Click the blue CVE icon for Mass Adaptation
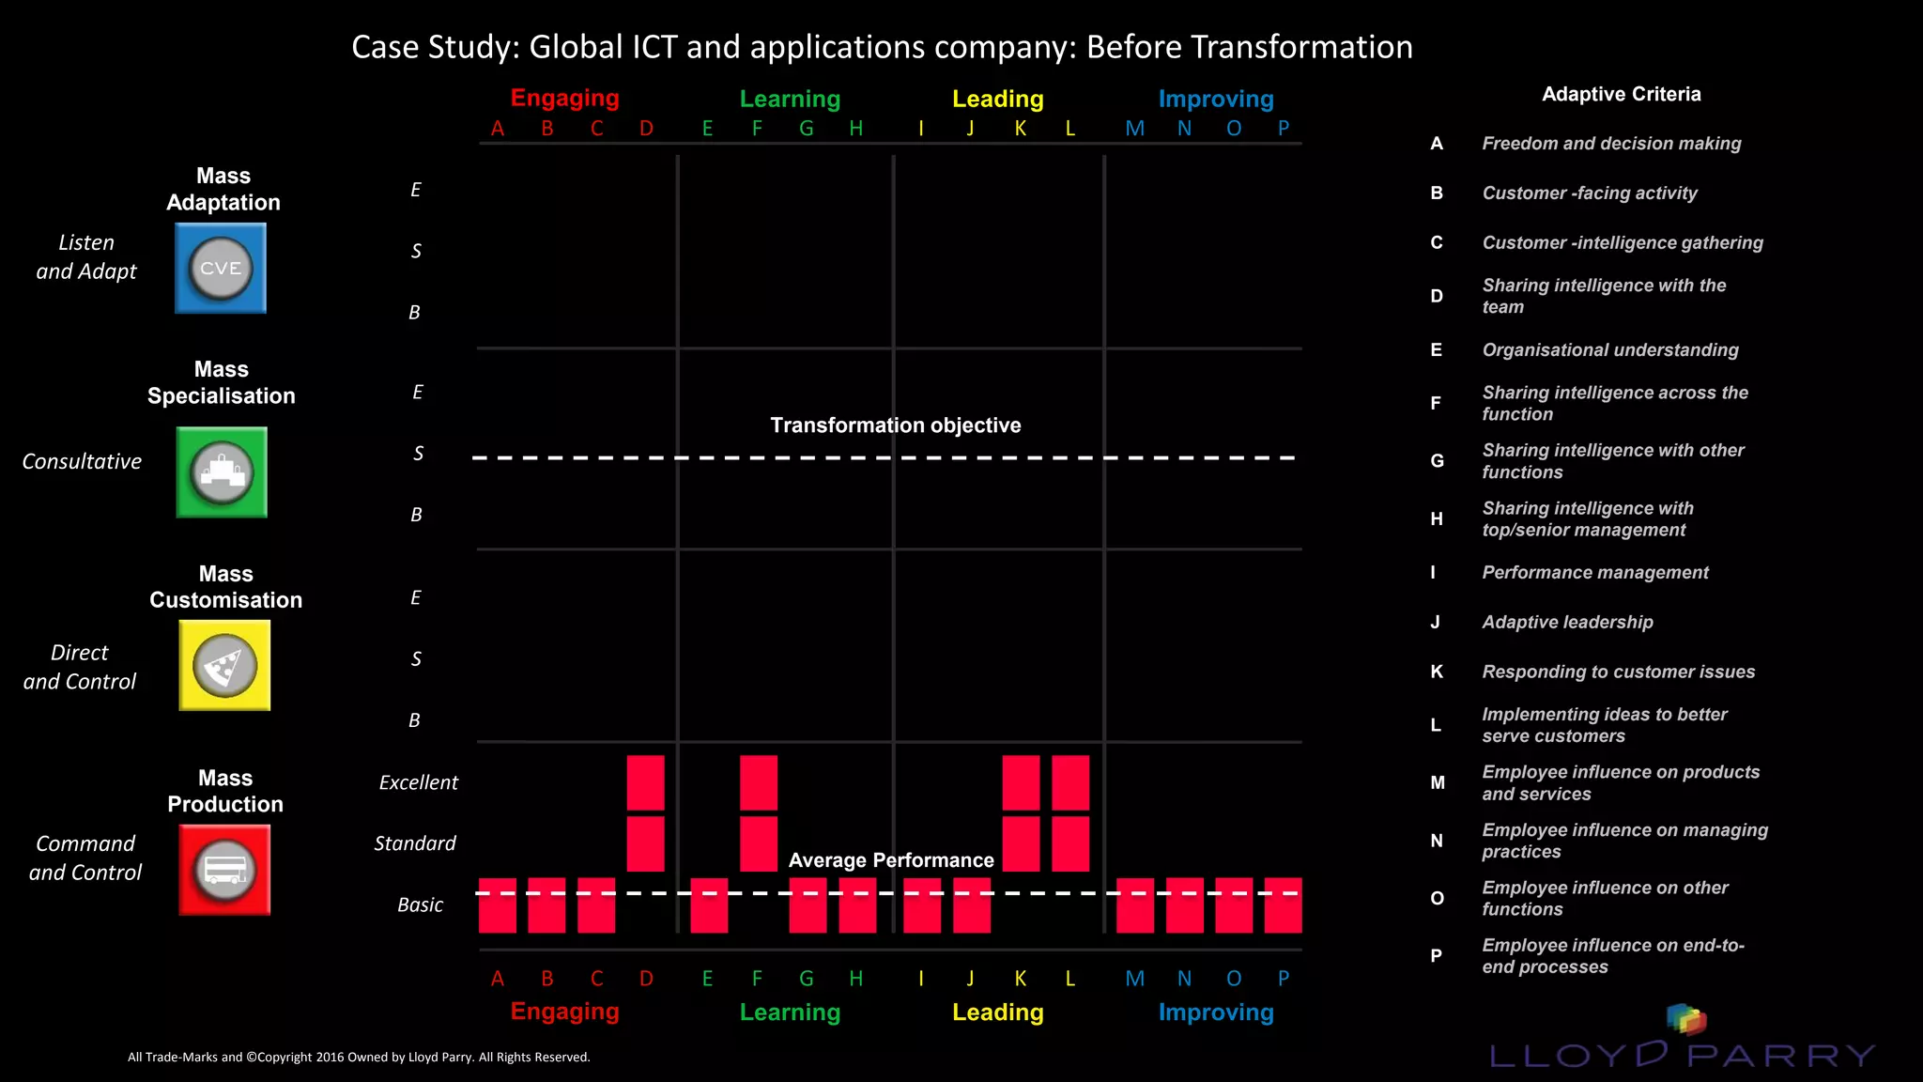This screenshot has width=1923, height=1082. coord(221,269)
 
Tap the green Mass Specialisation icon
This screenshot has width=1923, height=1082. coord(222,472)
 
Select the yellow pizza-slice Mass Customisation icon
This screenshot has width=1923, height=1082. coord(224,665)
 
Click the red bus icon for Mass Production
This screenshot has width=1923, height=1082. coord(224,870)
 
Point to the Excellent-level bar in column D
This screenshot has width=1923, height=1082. coord(645,782)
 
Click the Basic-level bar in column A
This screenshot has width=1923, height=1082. coord(498,905)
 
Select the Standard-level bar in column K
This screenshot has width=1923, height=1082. coord(1021,843)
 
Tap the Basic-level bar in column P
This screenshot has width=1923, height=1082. coord(1283,905)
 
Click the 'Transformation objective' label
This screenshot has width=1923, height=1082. coord(895,425)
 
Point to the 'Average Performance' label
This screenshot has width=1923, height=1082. coord(890,860)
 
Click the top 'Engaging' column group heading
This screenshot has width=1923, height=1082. coord(564,98)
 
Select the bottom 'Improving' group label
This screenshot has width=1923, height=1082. coord(1215,1012)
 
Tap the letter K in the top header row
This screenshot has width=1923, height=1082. coord(1020,129)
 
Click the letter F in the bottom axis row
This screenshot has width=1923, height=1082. coord(757,979)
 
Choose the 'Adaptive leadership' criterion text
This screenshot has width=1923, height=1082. coord(1567,622)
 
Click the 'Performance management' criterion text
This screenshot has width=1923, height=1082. coord(1594,572)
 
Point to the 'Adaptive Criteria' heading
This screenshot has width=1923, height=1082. coord(1621,94)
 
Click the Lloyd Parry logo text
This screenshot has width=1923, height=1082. coord(1681,1055)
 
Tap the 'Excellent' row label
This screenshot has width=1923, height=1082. coord(418,782)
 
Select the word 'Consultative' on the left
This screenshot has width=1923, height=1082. coord(82,461)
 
